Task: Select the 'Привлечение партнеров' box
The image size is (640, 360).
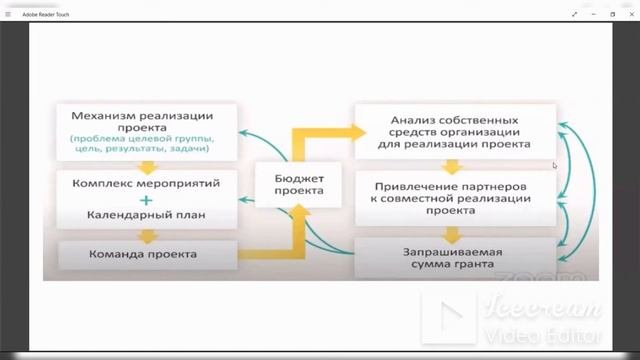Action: click(x=454, y=198)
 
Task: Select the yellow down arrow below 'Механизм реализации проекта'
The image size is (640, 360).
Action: click(x=147, y=168)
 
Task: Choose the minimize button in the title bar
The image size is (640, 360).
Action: click(x=592, y=14)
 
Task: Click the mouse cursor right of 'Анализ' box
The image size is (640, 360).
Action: click(x=555, y=166)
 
